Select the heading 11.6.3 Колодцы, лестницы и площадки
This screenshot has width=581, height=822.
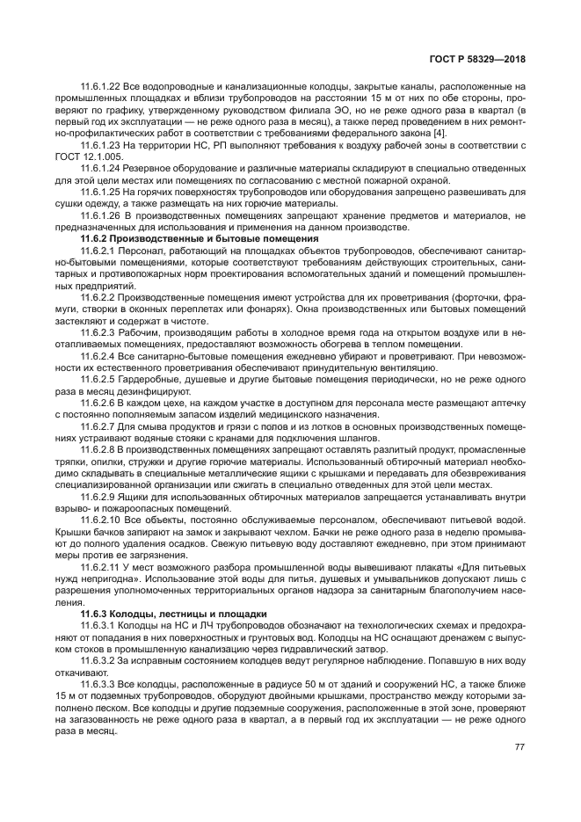coord(167,613)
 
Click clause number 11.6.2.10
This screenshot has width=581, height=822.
coord(99,520)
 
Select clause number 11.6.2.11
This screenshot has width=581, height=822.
coord(99,567)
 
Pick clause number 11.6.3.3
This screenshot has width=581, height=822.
coord(97,682)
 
